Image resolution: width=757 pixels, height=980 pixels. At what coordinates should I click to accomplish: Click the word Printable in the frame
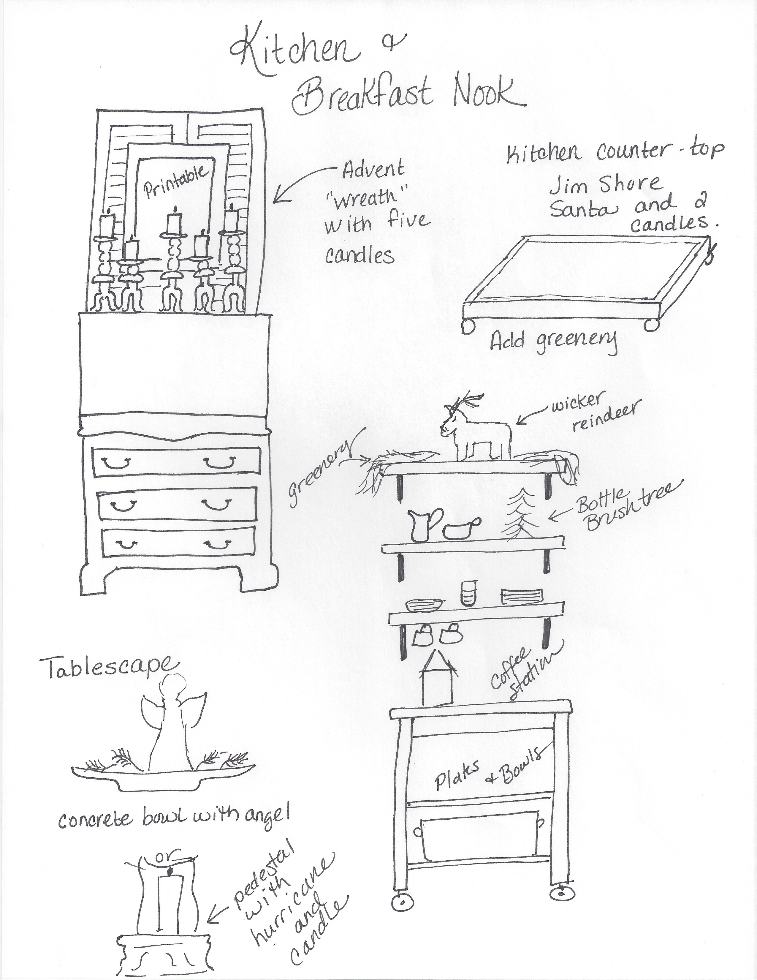[x=176, y=183]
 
